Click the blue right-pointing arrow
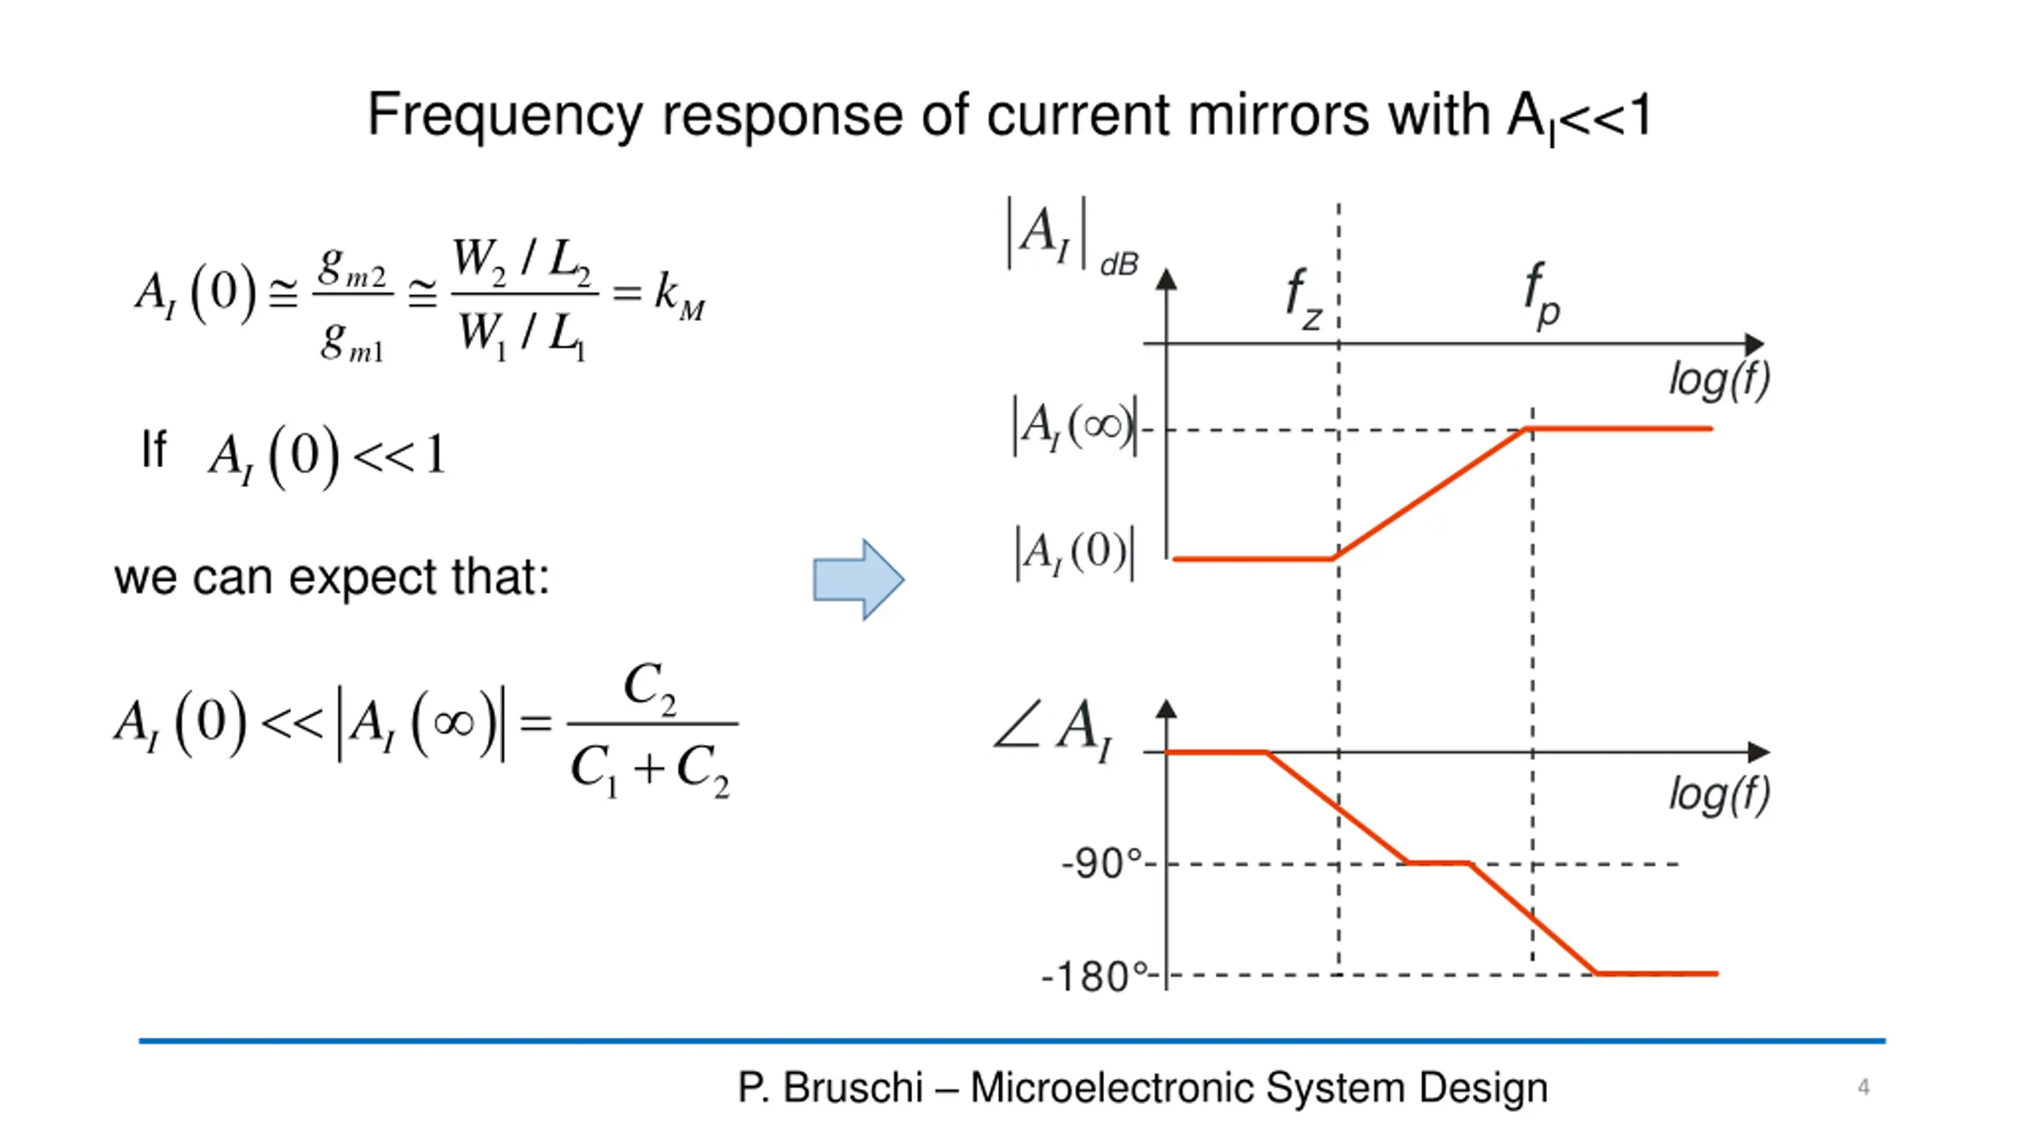click(858, 580)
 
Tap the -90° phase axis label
click(1102, 863)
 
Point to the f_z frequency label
click(1303, 299)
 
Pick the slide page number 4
click(1864, 1088)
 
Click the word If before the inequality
click(154, 449)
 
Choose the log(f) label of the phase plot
click(1719, 795)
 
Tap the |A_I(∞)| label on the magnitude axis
click(1075, 426)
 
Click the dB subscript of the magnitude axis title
click(1119, 265)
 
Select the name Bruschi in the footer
click(853, 1088)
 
